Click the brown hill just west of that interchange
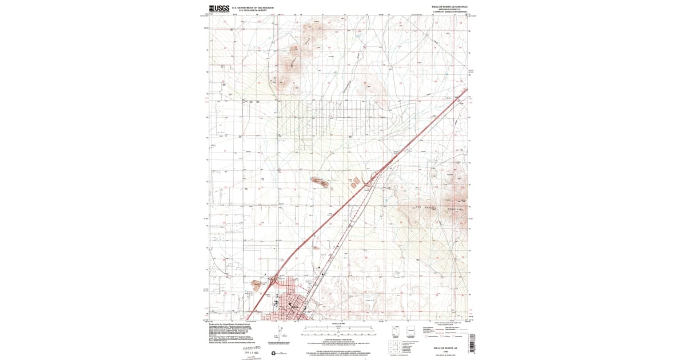tap(256, 284)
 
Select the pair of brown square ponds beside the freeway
tap(355, 181)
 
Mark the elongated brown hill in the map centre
tap(320, 182)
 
